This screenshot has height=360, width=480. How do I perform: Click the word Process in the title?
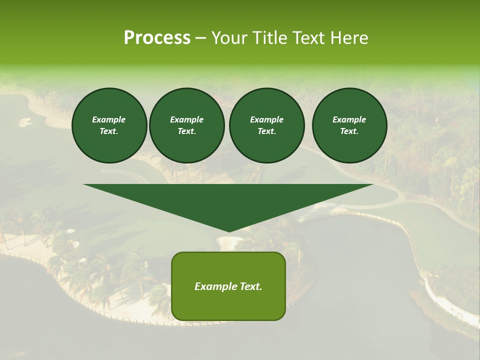point(157,38)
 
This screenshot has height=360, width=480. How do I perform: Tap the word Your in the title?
point(229,38)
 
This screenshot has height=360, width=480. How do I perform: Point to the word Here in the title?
point(349,38)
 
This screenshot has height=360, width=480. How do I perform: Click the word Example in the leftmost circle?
point(109,119)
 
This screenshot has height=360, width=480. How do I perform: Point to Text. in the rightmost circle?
point(349,131)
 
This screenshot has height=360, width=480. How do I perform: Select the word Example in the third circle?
point(266,119)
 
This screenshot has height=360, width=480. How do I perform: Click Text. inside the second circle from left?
point(186,131)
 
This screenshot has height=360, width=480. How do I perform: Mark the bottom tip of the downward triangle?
point(228,231)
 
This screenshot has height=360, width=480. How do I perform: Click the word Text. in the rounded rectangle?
point(250,286)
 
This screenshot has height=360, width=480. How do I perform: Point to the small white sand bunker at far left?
point(24,121)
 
